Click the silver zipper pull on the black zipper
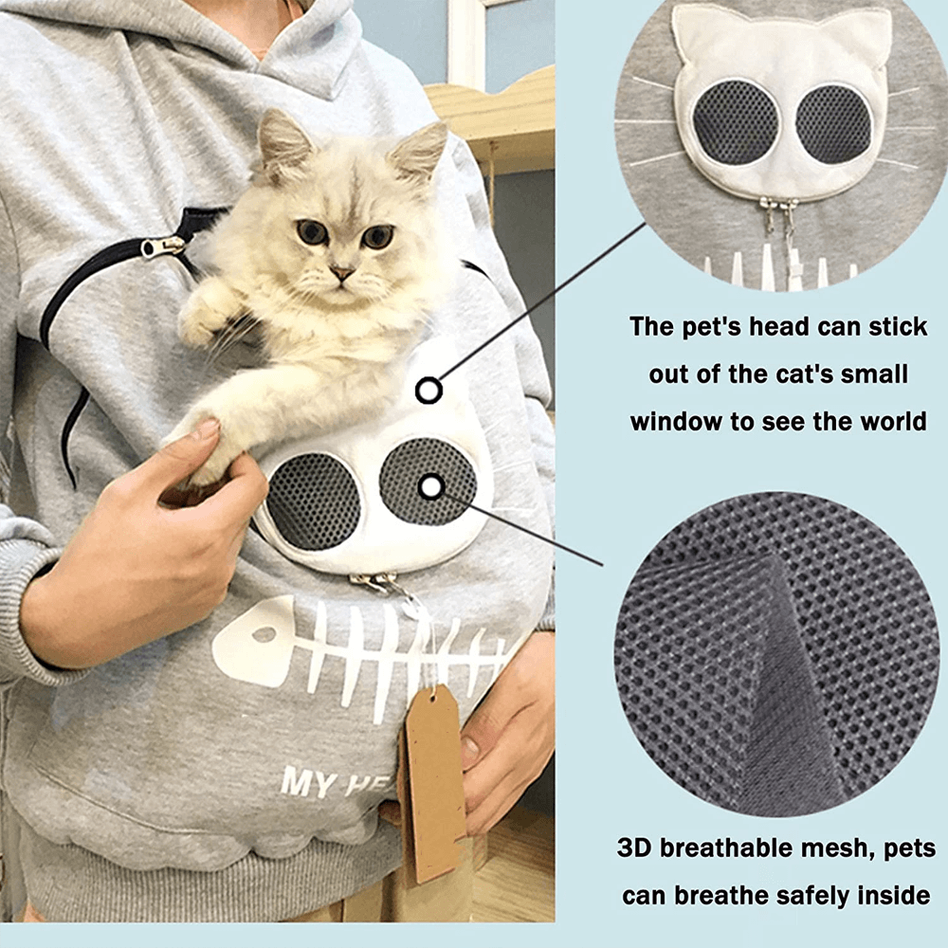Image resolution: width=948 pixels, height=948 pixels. click(x=161, y=247)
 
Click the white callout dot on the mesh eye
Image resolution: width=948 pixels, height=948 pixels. click(x=430, y=486)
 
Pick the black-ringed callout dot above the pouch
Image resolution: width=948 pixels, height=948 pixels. click(x=429, y=390)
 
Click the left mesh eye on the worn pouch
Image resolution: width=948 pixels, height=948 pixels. click(x=313, y=501)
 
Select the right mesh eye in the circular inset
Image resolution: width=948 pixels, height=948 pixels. click(x=833, y=123)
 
